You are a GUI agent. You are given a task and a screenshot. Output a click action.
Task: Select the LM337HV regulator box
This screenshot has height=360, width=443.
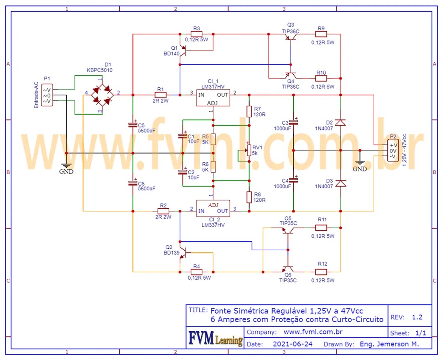[212, 209]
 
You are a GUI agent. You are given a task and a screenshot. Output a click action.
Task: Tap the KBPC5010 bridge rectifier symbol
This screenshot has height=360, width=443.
[102, 95]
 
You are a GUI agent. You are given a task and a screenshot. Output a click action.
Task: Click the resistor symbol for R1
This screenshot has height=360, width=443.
[160, 95]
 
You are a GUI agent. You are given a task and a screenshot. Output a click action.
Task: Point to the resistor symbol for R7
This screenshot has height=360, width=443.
[249, 111]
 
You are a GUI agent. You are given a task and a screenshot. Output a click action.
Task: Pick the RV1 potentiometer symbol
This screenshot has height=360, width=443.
[249, 150]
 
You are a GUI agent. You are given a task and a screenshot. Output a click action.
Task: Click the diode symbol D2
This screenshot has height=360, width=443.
[340, 123]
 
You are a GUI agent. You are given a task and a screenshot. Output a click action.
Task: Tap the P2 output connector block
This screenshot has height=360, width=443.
[393, 151]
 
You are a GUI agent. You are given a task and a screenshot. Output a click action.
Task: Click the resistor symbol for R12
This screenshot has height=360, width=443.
[322, 272]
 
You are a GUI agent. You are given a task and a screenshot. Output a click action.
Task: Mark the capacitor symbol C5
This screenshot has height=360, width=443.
[132, 124]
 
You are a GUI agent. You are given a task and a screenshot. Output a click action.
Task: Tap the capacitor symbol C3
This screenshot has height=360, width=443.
[293, 122]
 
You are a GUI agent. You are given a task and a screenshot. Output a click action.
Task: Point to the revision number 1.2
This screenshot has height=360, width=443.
[417, 317]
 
